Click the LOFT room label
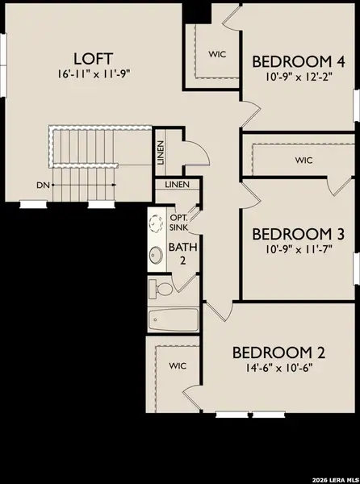point(94,59)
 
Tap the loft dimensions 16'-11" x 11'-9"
point(94,75)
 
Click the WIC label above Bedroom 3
point(303,160)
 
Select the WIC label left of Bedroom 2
point(178,365)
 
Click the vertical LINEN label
point(161,152)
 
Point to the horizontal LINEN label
point(177,186)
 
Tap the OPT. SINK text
point(179,222)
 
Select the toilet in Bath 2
point(162,288)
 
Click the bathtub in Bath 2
point(174,321)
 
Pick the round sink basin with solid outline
point(157,256)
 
